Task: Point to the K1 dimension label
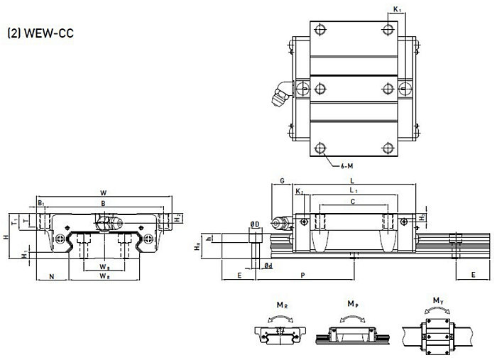point(396,10)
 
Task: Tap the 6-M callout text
point(348,165)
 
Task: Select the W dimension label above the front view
point(104,192)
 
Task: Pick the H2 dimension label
point(178,217)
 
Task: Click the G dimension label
point(282,182)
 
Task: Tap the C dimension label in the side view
point(353,202)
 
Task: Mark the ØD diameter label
point(253,225)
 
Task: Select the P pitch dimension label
point(303,275)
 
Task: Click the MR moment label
point(282,305)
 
